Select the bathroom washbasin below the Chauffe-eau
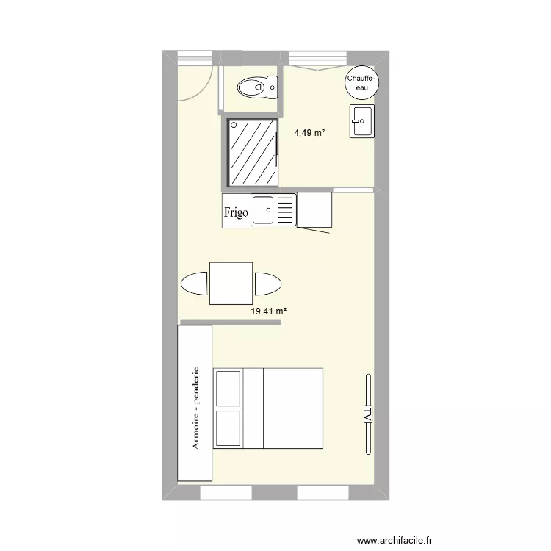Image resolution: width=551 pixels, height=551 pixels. (362, 120)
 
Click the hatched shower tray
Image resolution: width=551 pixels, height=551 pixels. (253, 153)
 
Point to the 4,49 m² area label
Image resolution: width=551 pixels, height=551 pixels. (309, 133)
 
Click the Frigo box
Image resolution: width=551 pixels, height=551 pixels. (236, 211)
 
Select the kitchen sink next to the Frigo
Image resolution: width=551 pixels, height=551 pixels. (273, 209)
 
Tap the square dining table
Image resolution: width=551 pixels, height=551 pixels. (231, 283)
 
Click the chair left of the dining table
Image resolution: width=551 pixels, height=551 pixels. (195, 284)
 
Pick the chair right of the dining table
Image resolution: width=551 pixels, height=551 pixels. (267, 284)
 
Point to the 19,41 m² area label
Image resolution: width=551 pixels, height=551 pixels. (268, 311)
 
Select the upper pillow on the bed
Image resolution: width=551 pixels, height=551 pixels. (228, 388)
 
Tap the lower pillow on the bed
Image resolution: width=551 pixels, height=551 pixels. (228, 428)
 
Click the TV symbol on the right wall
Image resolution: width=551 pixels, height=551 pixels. (367, 414)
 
